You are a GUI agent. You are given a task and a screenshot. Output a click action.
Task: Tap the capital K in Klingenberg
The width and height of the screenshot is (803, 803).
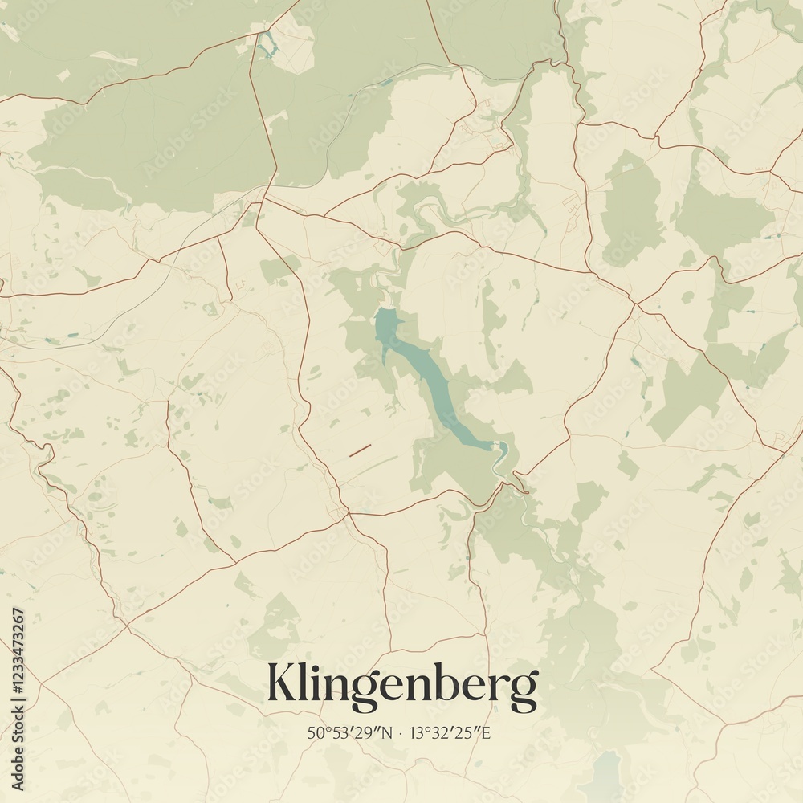pyautogui.click(x=283, y=683)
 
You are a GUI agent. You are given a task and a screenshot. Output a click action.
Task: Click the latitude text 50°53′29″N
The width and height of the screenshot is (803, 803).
pyautogui.click(x=349, y=733)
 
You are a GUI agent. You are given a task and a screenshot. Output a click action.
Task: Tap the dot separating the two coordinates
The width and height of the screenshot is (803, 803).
pyautogui.click(x=401, y=733)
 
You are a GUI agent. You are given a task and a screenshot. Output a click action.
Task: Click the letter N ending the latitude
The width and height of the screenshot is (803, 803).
pyautogui.click(x=388, y=733)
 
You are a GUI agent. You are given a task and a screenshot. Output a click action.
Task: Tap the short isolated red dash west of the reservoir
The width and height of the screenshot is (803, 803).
pyautogui.click(x=360, y=450)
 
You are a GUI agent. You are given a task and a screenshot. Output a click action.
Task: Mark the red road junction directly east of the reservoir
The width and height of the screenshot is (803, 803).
pyautogui.click(x=634, y=304)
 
